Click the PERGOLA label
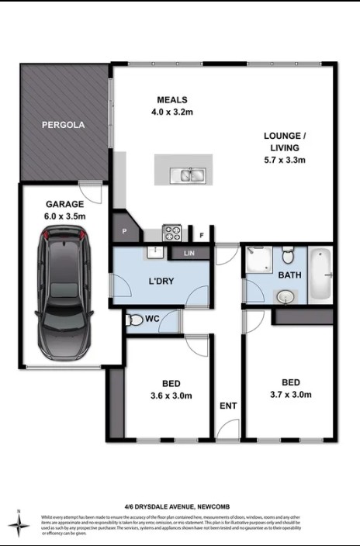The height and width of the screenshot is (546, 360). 63,124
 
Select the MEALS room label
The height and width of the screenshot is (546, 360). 172,99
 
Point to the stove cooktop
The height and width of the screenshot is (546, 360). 171,232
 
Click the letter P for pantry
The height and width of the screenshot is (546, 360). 123,231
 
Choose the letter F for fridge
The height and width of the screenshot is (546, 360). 202,234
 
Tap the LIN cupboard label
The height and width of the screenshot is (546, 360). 188,253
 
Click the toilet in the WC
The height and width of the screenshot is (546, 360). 136,320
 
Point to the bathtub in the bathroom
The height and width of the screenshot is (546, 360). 320,275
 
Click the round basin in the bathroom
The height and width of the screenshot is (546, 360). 286,295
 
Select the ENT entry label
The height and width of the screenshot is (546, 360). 228,406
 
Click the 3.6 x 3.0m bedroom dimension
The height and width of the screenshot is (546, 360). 171,396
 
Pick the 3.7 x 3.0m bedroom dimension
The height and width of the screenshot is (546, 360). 291,395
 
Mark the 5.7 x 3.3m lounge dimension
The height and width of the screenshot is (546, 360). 286,161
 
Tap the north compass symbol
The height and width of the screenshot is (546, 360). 18,525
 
